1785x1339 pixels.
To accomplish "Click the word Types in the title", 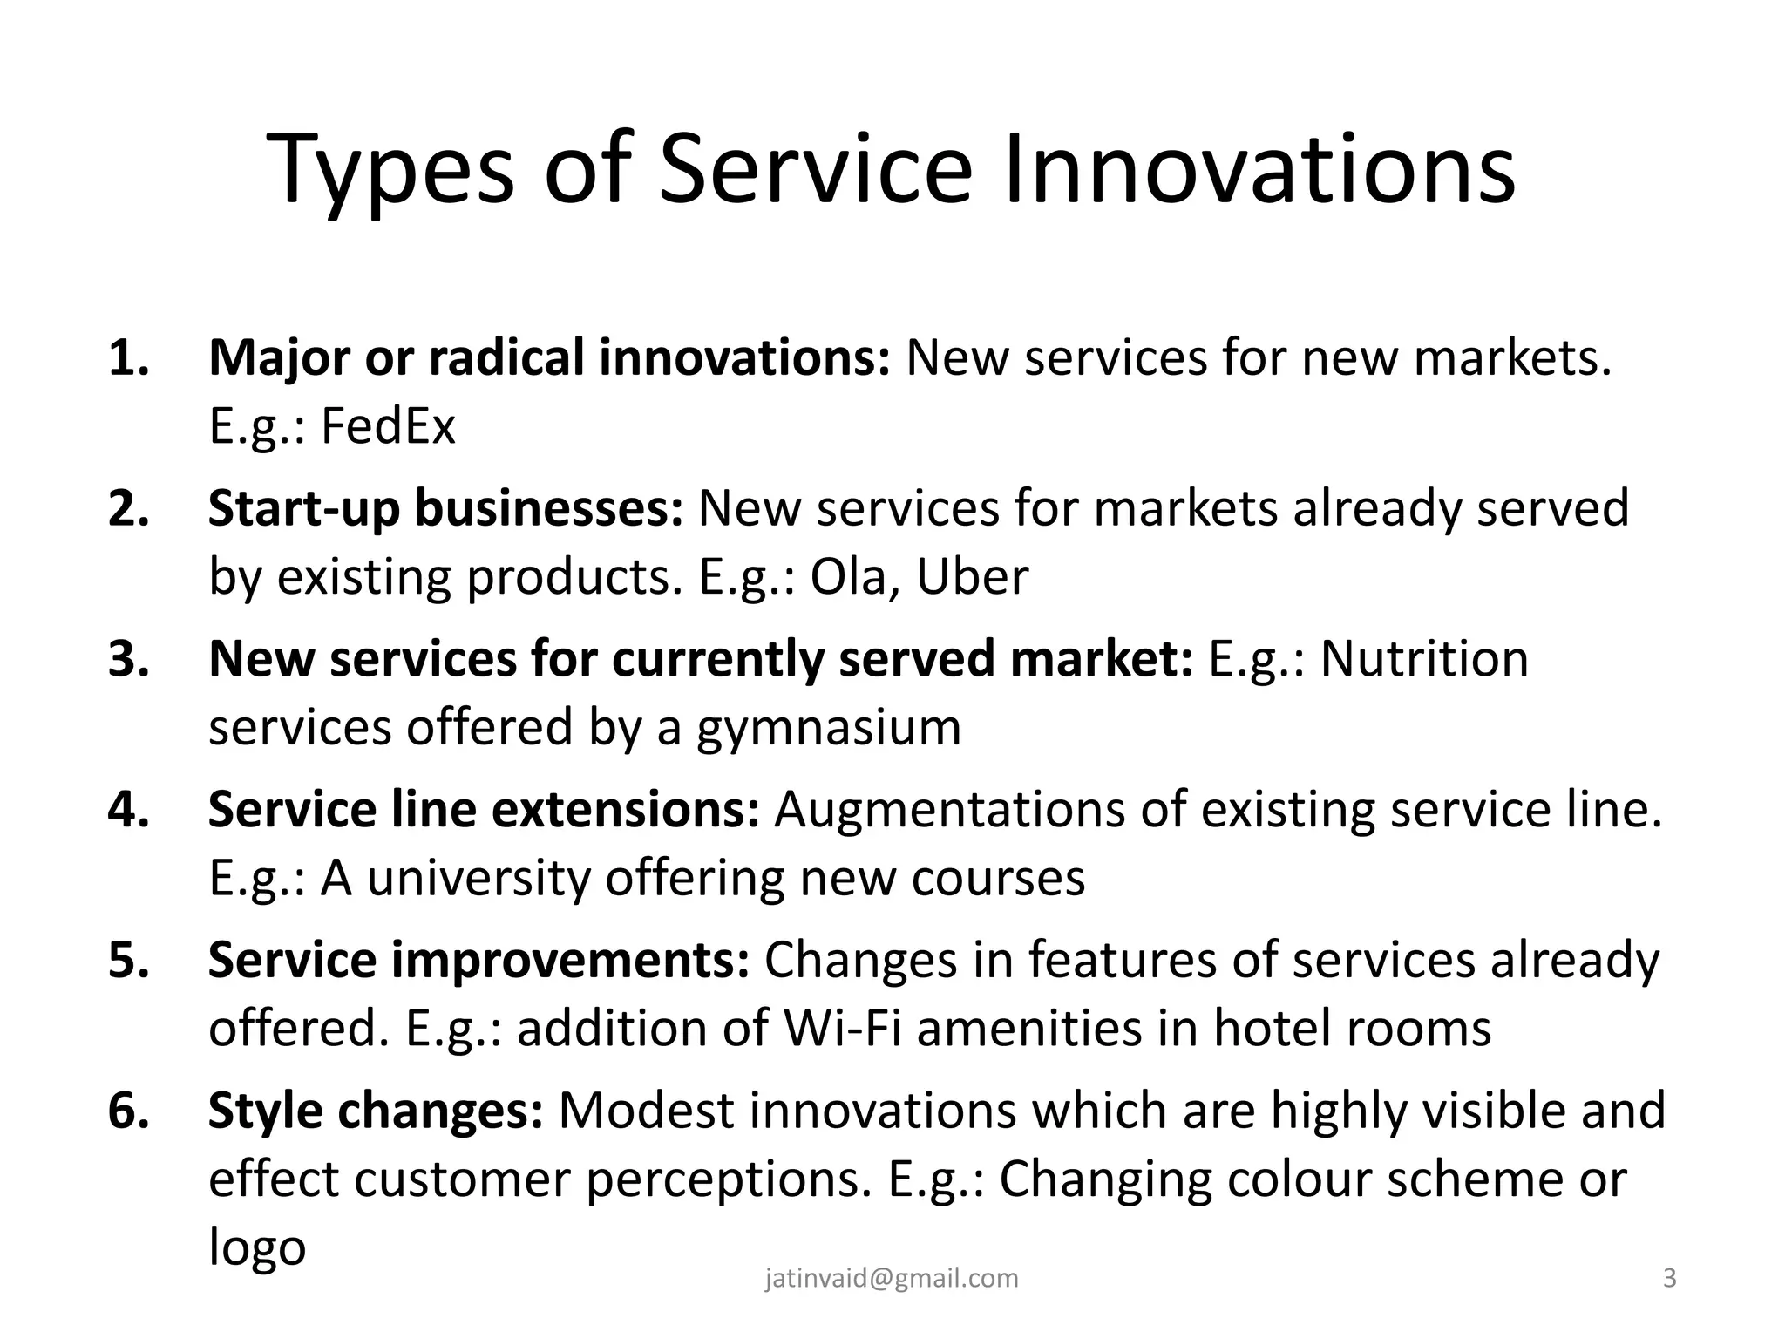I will click(x=391, y=171).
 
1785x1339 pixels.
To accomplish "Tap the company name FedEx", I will click(x=388, y=426).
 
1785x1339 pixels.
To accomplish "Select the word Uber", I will click(x=973, y=576).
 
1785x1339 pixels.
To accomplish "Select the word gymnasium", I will click(x=828, y=729).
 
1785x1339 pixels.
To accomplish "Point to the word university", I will click(x=478, y=878).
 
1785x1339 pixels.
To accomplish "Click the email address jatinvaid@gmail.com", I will click(x=892, y=1278).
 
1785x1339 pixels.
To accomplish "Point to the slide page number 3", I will click(x=1669, y=1278).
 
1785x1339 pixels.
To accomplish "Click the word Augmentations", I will click(x=950, y=809).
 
